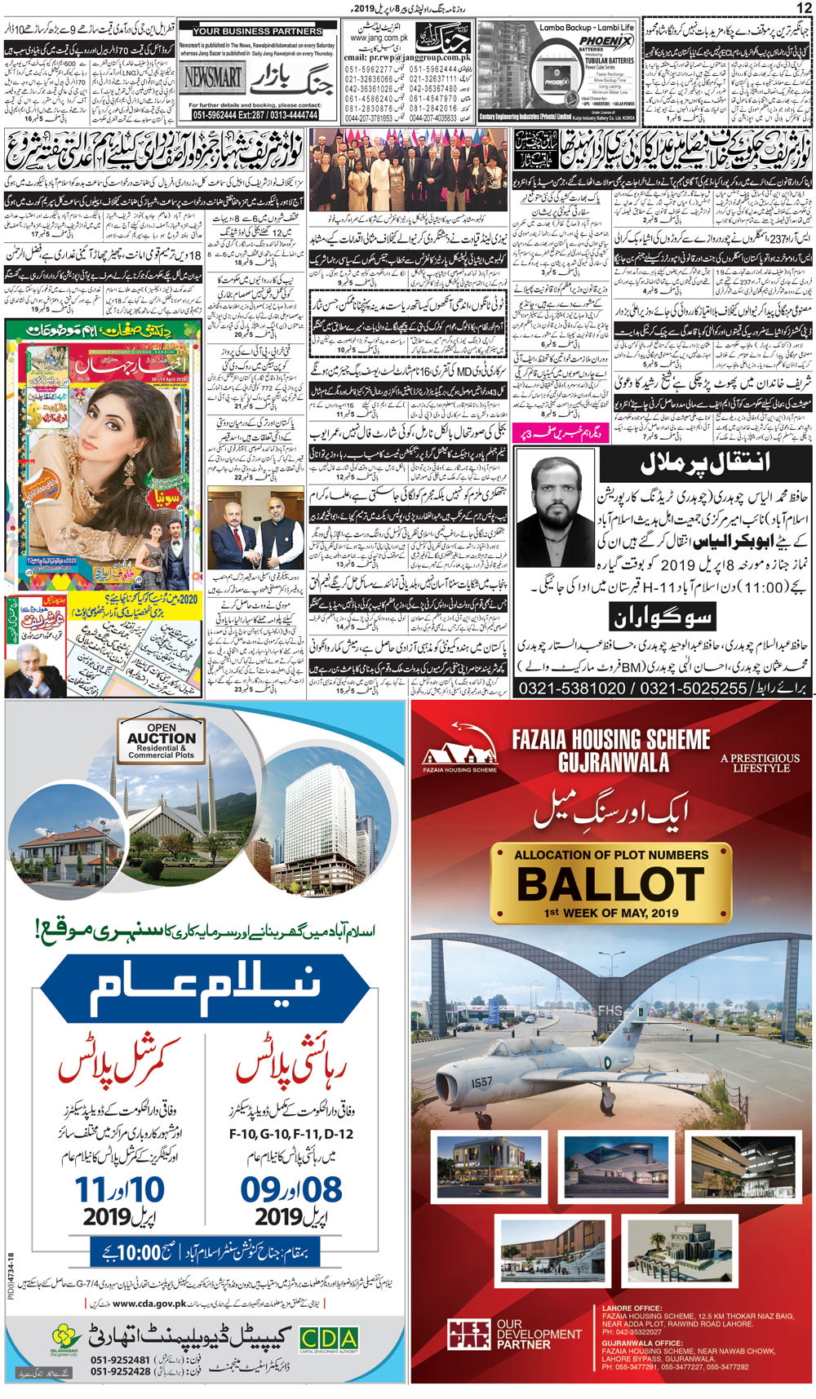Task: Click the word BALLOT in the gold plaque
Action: (x=610, y=884)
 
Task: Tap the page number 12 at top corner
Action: (x=803, y=7)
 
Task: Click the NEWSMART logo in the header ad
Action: (x=213, y=78)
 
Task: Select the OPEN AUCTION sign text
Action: (x=162, y=737)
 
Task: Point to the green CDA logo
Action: (x=328, y=1339)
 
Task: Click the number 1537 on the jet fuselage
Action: (x=481, y=1082)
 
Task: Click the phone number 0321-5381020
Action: (x=571, y=688)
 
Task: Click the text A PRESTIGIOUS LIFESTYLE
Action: (x=761, y=763)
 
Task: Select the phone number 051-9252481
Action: (x=120, y=1360)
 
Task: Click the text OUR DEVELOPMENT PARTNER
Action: (x=539, y=1334)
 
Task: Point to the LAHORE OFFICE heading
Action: (x=632, y=1308)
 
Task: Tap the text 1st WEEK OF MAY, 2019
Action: (x=610, y=913)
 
